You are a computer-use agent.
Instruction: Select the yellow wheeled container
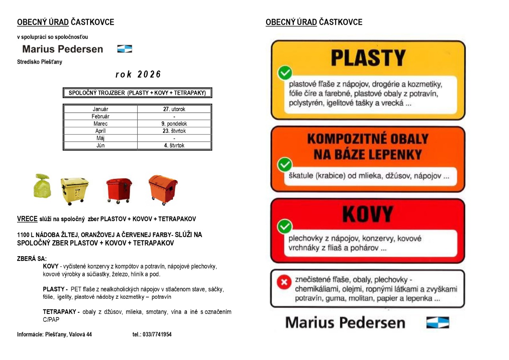coord(74,191)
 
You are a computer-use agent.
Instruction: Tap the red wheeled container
coord(119,191)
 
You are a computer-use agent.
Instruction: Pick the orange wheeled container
coord(163,190)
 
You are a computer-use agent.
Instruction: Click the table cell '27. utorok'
coord(174,109)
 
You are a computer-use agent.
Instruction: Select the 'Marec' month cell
coord(100,124)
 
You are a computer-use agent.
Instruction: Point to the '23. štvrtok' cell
coord(174,131)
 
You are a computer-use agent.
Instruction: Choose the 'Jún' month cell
coord(100,146)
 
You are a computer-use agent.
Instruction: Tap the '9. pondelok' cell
coord(174,124)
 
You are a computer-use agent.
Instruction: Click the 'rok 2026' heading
coord(138,74)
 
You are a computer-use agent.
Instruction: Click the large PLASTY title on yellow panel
coord(368,58)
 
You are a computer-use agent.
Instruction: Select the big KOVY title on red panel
coord(367,214)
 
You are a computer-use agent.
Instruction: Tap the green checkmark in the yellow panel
coord(285,73)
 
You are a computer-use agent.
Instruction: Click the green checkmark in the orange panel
coord(285,164)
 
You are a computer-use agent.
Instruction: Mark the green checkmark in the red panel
coord(285,226)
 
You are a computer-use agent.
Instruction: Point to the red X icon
coord(284,282)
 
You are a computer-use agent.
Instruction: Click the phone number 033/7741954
coord(152,335)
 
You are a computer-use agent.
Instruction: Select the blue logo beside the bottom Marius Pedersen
coord(437,322)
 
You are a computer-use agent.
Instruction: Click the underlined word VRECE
coord(27,219)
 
